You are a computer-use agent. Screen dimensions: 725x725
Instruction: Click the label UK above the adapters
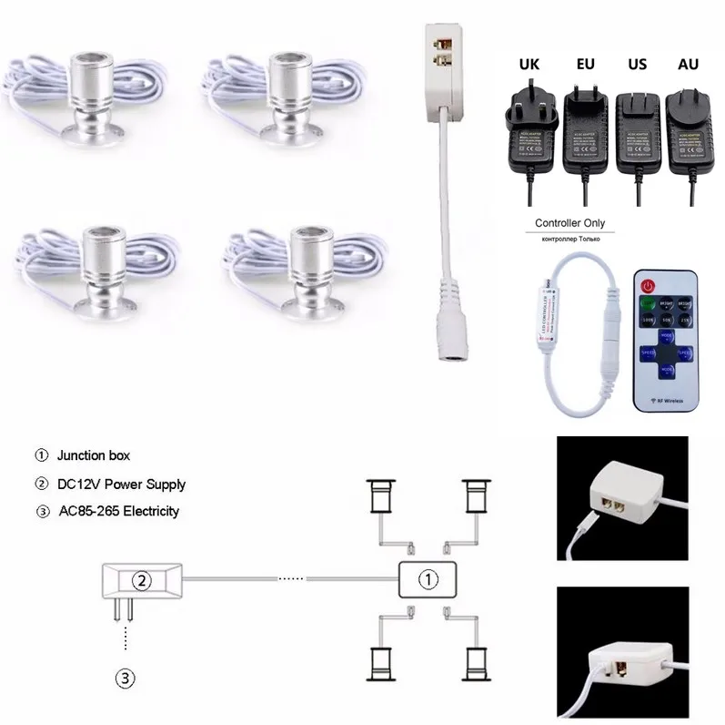tap(529, 65)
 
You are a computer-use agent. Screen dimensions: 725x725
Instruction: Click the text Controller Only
tap(569, 223)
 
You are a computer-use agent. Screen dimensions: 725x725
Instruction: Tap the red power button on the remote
tap(648, 284)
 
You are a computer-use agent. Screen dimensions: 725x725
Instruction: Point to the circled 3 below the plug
tap(126, 677)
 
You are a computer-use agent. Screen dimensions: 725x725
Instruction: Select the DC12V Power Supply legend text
tap(121, 484)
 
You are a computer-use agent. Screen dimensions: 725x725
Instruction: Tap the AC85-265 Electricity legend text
tap(117, 511)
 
